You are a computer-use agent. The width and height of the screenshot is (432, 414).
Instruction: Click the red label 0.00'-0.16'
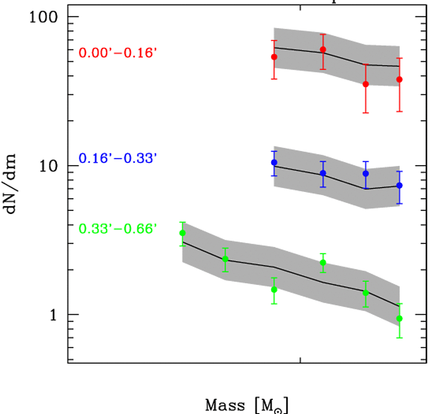[x=118, y=53]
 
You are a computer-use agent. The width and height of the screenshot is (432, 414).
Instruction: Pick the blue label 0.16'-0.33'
[x=118, y=158]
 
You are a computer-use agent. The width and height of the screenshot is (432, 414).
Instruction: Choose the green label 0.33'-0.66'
[x=118, y=229]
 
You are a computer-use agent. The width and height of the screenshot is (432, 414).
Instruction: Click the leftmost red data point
[x=274, y=57]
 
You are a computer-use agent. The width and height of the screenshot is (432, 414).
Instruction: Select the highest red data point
[x=323, y=49]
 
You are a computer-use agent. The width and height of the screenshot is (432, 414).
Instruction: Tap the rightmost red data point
[x=400, y=79]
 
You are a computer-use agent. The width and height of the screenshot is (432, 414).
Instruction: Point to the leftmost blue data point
[x=274, y=162]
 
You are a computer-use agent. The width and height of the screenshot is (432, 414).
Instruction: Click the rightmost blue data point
[x=400, y=185]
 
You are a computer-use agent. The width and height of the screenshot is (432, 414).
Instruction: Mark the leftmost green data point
[x=182, y=233]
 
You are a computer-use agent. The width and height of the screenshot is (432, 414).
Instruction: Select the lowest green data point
[x=400, y=319]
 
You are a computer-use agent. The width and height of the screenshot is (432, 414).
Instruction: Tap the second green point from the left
[x=225, y=259]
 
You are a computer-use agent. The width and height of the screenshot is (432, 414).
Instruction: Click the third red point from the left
[x=366, y=84]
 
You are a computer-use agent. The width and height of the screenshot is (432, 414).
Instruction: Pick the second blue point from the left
[x=323, y=173]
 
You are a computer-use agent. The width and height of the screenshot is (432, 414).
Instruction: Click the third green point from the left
[x=274, y=290]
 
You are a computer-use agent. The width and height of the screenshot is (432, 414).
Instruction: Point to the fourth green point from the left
[x=323, y=263]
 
